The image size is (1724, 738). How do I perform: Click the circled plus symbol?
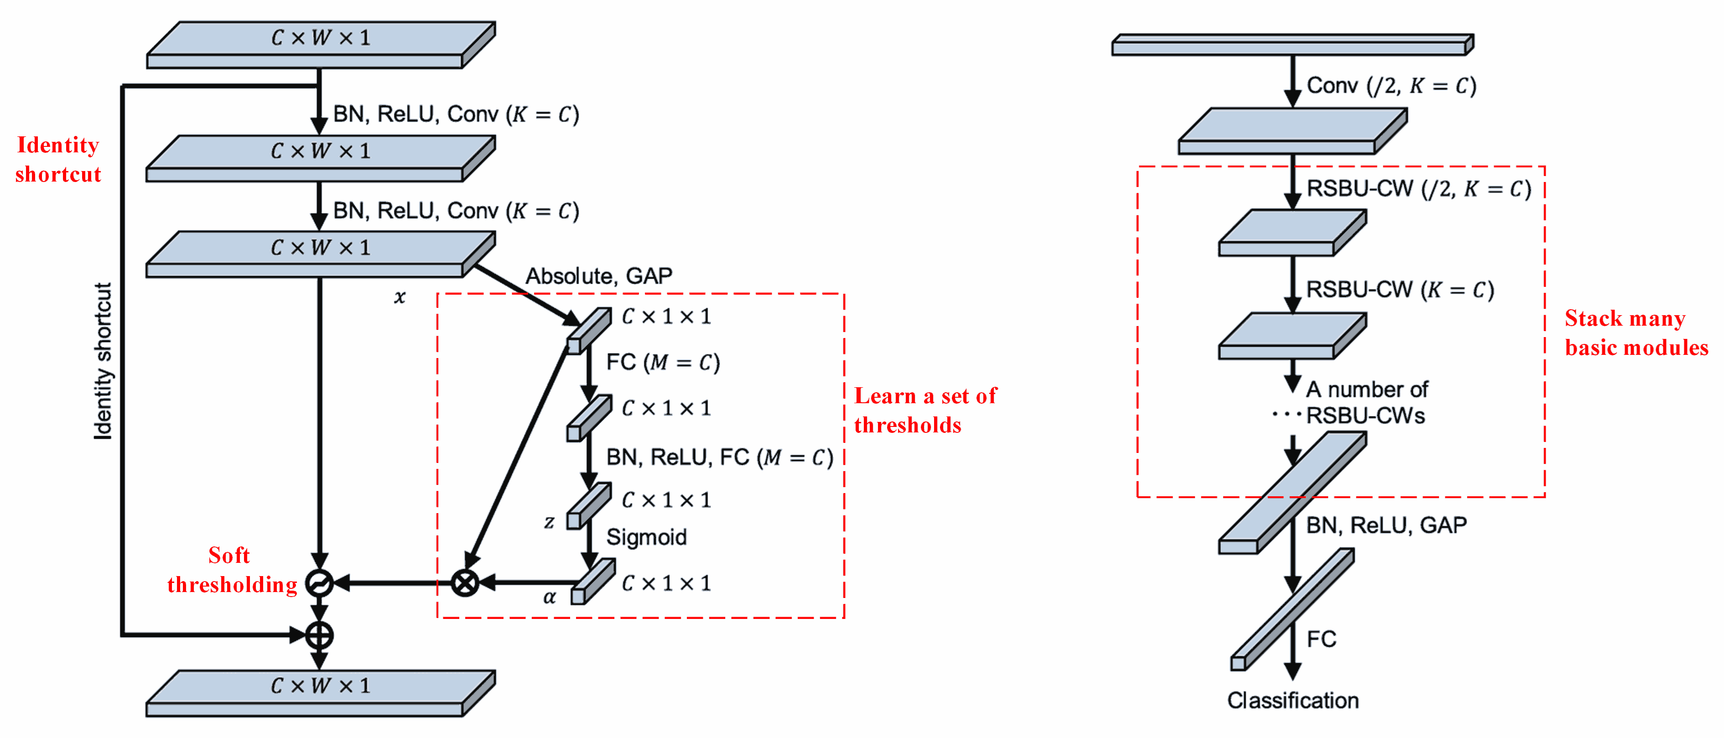click(x=319, y=634)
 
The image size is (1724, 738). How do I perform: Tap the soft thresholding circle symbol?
click(x=319, y=583)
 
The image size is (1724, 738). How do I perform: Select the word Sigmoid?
click(x=646, y=536)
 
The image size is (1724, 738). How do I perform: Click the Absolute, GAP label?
click(x=598, y=275)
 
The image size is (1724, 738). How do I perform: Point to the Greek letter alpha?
click(x=550, y=597)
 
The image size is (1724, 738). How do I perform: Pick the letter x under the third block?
click(x=400, y=296)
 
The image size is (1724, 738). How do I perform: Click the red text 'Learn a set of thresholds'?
click(x=925, y=410)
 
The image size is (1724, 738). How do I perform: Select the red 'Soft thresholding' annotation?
click(x=231, y=569)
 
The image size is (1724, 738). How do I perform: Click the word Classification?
click(x=1293, y=700)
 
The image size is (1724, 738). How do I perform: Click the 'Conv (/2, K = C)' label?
click(x=1391, y=86)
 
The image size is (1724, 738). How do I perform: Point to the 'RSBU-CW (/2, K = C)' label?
click(x=1418, y=189)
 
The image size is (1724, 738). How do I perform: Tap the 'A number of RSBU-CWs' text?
click(x=1366, y=402)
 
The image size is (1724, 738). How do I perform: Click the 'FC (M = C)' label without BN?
click(x=663, y=362)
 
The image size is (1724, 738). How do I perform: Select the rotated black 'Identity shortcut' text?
click(x=103, y=361)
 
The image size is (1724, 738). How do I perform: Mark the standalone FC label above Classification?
click(x=1321, y=639)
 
